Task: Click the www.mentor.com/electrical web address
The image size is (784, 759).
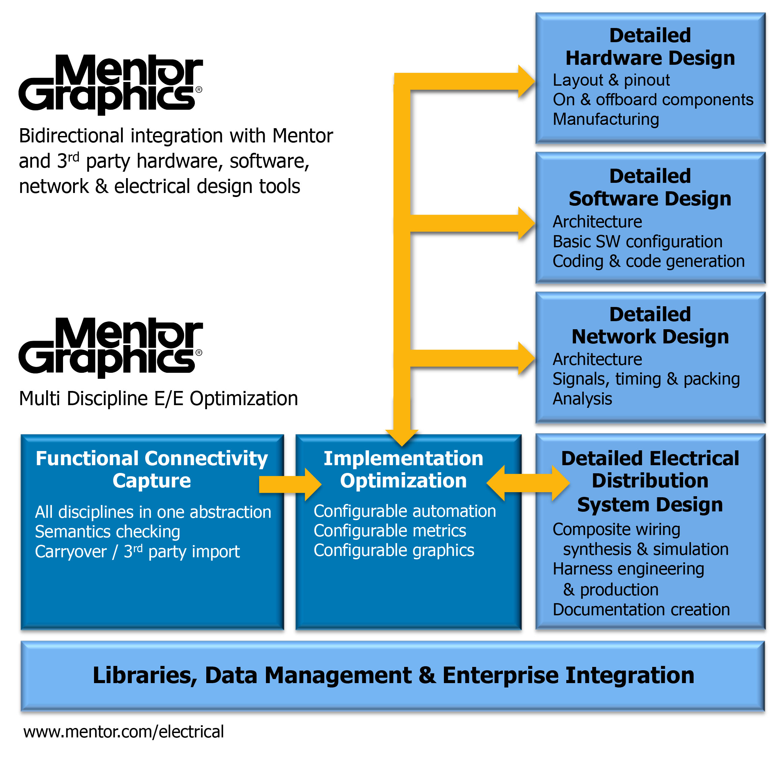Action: (x=123, y=732)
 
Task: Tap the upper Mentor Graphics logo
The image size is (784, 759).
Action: (x=111, y=84)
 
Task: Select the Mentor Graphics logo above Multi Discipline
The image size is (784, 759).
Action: (x=111, y=347)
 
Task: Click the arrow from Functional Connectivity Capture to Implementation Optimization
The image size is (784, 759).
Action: (x=290, y=484)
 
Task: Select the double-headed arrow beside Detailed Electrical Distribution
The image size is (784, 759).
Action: (x=528, y=483)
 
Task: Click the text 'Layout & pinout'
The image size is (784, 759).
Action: (x=611, y=80)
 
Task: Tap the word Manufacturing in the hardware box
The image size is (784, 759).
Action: (x=606, y=119)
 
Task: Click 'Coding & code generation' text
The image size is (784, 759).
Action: (x=649, y=261)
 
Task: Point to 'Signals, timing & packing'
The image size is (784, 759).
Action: (x=646, y=379)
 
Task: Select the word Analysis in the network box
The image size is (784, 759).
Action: (x=582, y=399)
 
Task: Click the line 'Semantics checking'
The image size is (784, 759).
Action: (x=107, y=532)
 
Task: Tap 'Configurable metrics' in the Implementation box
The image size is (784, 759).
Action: (x=390, y=531)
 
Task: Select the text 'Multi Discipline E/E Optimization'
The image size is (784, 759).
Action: (x=158, y=399)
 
